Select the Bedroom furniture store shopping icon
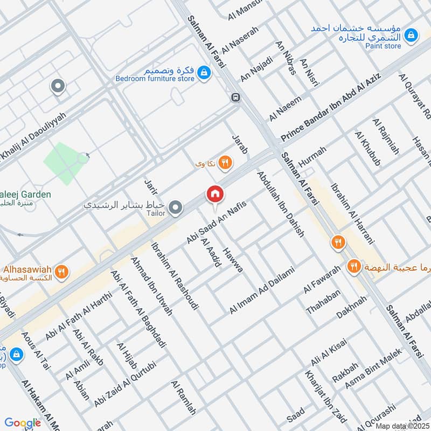click(x=204, y=72)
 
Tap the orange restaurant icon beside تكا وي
click(x=225, y=162)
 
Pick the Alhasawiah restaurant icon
click(x=62, y=272)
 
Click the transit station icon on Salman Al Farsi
click(x=235, y=98)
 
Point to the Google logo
click(x=23, y=423)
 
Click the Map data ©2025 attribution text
click(x=402, y=426)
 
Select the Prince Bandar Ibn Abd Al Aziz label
click(x=330, y=108)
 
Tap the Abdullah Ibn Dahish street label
click(x=281, y=204)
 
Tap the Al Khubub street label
click(x=367, y=147)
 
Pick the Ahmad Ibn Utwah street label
click(x=151, y=286)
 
